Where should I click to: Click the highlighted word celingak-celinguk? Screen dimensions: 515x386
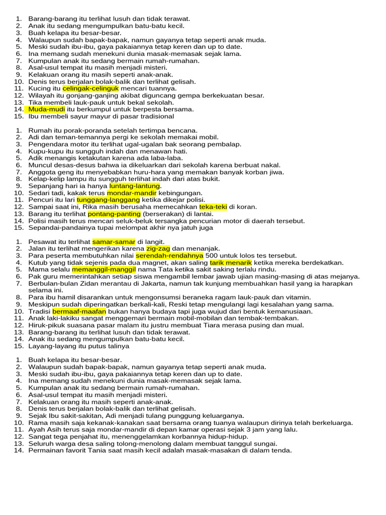tap(90, 89)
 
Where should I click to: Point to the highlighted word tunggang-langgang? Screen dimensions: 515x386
tap(107, 200)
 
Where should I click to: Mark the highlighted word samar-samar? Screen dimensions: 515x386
tap(110, 242)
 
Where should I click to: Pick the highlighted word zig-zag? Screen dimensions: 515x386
tap(158, 249)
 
